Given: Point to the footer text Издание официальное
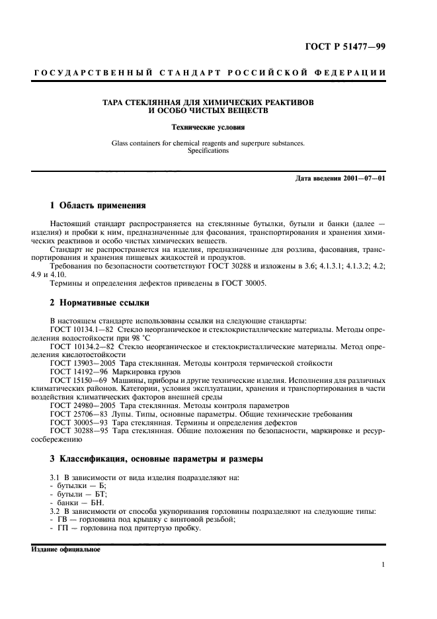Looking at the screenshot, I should [65, 549].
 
